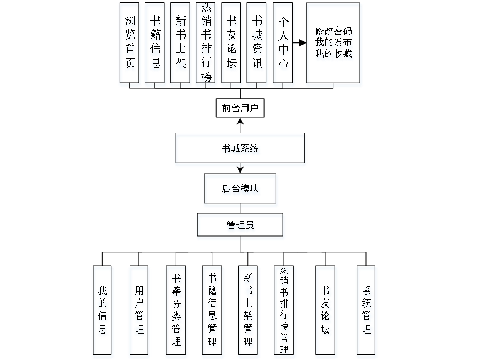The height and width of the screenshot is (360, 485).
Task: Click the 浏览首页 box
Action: [129, 45]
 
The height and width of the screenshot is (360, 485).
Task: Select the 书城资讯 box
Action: [257, 45]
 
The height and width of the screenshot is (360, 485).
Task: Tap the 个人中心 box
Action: [283, 45]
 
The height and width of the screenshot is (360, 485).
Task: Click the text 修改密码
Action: [334, 32]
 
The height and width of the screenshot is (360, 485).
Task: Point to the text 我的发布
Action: [334, 44]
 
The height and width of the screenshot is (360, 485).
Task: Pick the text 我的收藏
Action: [334, 55]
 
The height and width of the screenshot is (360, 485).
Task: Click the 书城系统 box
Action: [240, 149]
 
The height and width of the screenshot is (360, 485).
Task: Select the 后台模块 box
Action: [240, 191]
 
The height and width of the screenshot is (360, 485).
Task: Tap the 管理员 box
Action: [240, 227]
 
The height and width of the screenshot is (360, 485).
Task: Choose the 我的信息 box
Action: [103, 311]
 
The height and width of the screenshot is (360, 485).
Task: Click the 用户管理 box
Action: [139, 311]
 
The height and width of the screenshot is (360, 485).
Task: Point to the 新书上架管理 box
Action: [249, 311]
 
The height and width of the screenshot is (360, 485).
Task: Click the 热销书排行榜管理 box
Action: [284, 311]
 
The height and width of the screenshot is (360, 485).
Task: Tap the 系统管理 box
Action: [367, 311]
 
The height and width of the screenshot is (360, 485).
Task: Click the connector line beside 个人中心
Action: [299, 42]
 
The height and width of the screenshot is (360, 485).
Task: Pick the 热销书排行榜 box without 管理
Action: [206, 45]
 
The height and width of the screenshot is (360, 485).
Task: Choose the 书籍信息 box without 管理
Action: [155, 45]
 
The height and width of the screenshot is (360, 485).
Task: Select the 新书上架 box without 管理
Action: [181, 45]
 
